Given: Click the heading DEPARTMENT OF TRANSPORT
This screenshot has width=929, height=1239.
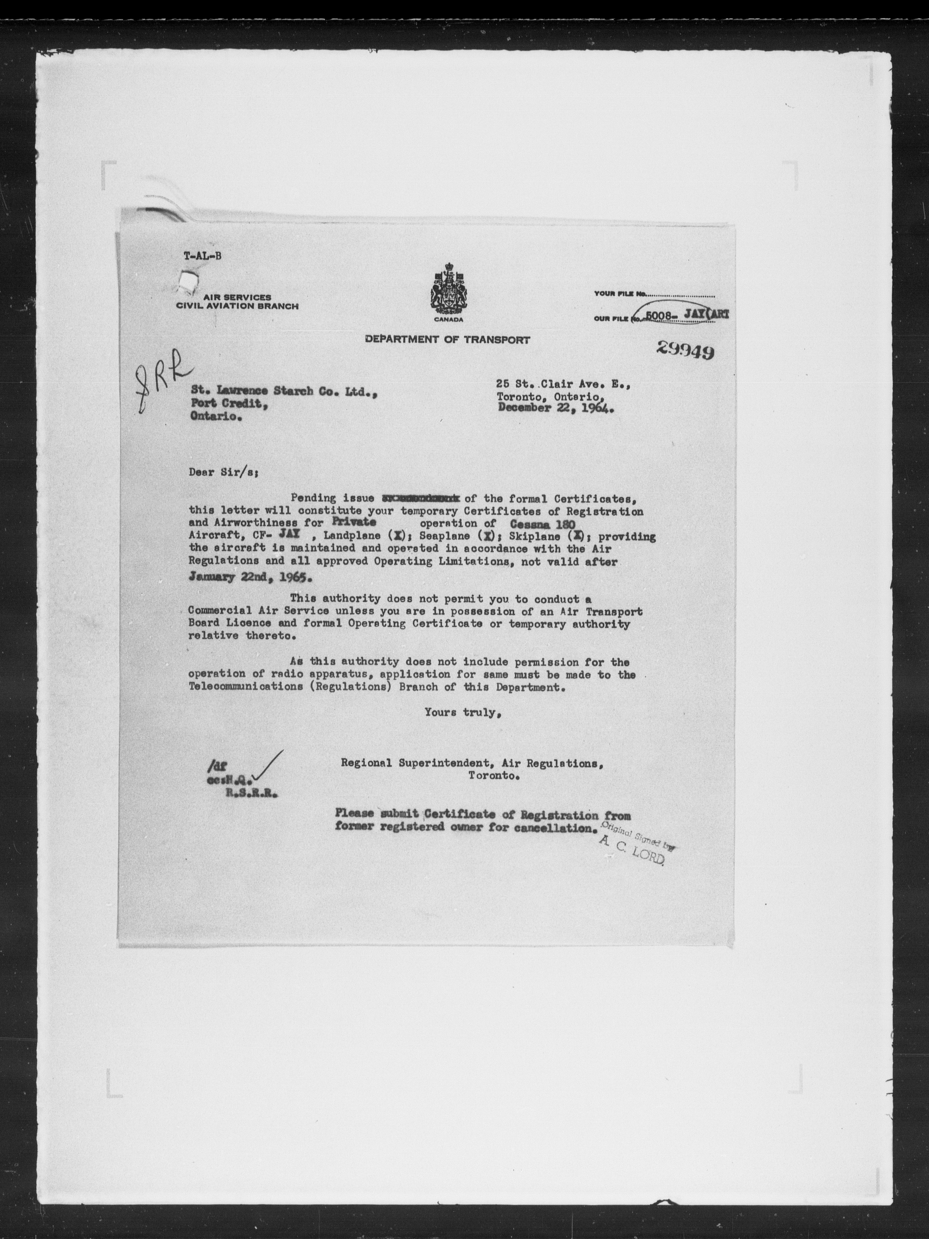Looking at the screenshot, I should click(447, 339).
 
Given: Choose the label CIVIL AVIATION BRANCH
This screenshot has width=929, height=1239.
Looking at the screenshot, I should click(237, 306).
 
